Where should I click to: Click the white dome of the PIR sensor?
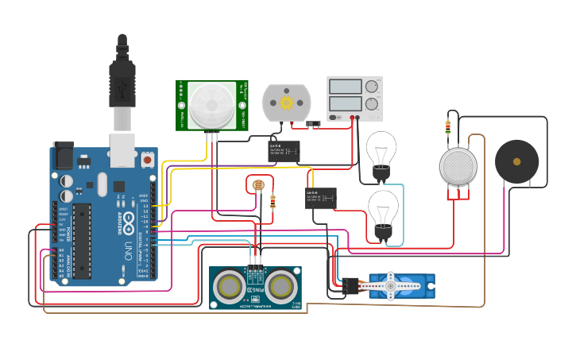(211, 103)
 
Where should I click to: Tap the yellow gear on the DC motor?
(286, 103)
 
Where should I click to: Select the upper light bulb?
(381, 151)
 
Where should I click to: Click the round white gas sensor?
(458, 166)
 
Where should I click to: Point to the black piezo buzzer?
(516, 161)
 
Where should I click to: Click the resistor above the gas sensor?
(448, 127)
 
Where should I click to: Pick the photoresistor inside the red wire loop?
(257, 186)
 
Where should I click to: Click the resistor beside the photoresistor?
(273, 202)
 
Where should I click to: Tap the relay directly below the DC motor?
(284, 150)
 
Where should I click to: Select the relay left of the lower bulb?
(321, 198)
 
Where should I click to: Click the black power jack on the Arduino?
(63, 157)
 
